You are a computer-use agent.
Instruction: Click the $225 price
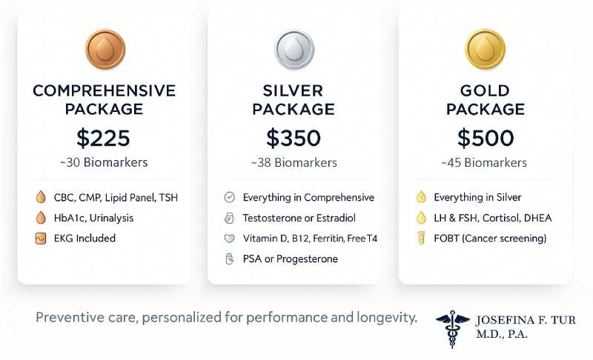pyautogui.click(x=104, y=138)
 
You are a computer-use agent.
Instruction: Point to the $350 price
pyautogui.click(x=294, y=138)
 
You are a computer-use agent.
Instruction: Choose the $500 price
pyautogui.click(x=484, y=138)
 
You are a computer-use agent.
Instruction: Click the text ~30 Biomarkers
pyautogui.click(x=104, y=162)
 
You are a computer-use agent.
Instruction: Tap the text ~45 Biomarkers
pyautogui.click(x=484, y=162)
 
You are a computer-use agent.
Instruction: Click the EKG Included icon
pyautogui.click(x=41, y=239)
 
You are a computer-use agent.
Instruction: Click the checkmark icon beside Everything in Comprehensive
pyautogui.click(x=229, y=198)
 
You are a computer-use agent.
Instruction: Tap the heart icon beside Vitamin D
pyautogui.click(x=229, y=239)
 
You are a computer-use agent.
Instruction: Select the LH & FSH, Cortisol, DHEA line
pyautogui.click(x=492, y=218)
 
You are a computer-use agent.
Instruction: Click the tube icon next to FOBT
pyautogui.click(x=420, y=239)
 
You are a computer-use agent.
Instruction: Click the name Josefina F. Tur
pyautogui.click(x=526, y=321)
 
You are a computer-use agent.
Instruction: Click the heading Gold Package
pyautogui.click(x=484, y=100)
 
